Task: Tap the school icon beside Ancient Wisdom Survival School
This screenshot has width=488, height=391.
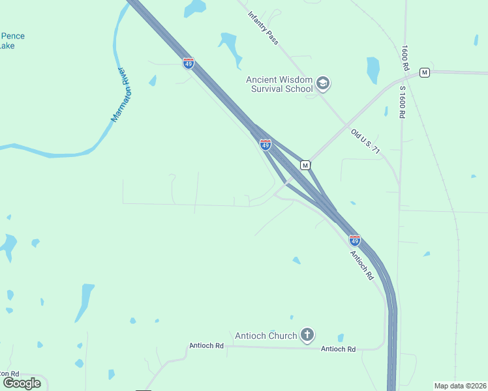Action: (x=323, y=83)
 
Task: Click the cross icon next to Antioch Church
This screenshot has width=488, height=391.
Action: (x=307, y=336)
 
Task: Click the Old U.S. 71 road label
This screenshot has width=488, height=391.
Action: (x=365, y=141)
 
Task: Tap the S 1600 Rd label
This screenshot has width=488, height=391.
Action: (x=403, y=101)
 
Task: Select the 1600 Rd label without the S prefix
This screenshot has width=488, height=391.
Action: (x=405, y=59)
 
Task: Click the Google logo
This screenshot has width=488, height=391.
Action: (x=22, y=383)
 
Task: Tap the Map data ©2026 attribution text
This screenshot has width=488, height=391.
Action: (x=460, y=386)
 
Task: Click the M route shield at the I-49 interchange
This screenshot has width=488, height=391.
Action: (x=305, y=165)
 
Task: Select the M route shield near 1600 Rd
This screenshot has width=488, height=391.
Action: (x=425, y=72)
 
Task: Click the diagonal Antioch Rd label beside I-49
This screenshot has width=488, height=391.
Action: (x=361, y=265)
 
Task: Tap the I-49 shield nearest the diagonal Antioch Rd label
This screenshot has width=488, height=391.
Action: (x=354, y=240)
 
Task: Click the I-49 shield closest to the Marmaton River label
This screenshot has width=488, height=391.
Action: (x=188, y=63)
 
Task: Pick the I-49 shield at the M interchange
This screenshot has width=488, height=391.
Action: (x=266, y=145)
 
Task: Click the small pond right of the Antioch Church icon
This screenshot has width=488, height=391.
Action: (x=341, y=338)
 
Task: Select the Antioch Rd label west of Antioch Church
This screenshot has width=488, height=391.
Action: (x=206, y=345)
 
